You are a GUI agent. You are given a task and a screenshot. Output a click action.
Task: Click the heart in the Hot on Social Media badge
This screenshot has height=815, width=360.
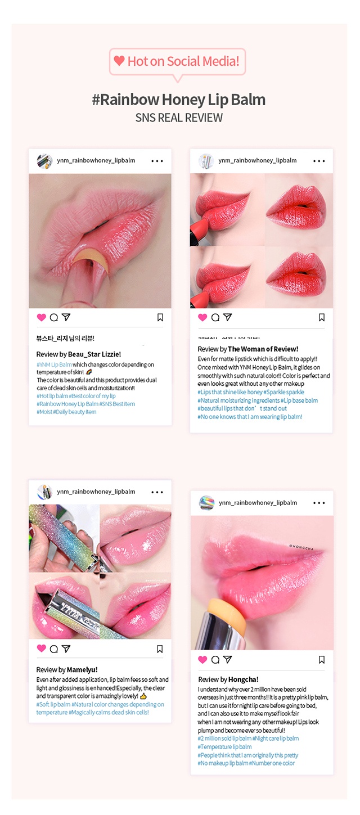[119, 61]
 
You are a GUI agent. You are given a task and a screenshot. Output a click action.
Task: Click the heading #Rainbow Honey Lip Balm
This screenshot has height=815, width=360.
[179, 100]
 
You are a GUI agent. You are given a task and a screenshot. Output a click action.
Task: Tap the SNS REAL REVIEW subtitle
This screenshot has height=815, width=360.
[179, 118]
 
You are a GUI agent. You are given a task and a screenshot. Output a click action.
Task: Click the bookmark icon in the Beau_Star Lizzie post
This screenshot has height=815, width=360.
[160, 318]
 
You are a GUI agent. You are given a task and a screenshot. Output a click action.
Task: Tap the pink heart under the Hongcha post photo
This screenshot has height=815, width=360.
[202, 660]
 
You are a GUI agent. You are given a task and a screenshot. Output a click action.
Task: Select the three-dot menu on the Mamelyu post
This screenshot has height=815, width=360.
[157, 492]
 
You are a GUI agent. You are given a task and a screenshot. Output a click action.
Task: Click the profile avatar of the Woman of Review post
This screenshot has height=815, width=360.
[206, 161]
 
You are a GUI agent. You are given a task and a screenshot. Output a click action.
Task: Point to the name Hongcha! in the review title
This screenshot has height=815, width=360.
[244, 679]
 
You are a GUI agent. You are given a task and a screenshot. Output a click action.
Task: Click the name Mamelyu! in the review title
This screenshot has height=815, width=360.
[82, 670]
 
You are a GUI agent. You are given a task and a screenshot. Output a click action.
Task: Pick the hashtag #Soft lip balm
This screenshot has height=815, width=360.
[53, 704]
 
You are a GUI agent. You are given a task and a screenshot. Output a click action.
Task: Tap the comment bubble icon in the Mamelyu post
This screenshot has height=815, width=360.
[53, 649]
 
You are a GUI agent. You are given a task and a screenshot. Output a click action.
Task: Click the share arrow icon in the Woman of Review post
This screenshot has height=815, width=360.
[227, 318]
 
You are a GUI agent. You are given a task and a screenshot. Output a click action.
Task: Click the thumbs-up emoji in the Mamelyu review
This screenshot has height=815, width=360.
[143, 696]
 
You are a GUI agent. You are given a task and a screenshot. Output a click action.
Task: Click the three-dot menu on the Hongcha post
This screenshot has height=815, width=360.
[319, 503]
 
